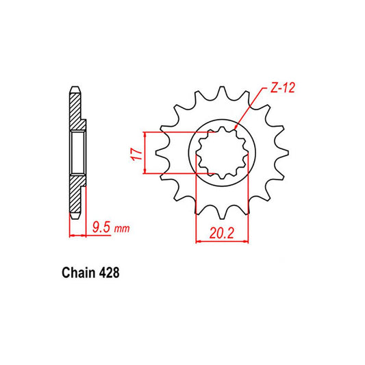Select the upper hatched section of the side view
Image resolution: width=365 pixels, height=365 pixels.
click(x=76, y=110)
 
